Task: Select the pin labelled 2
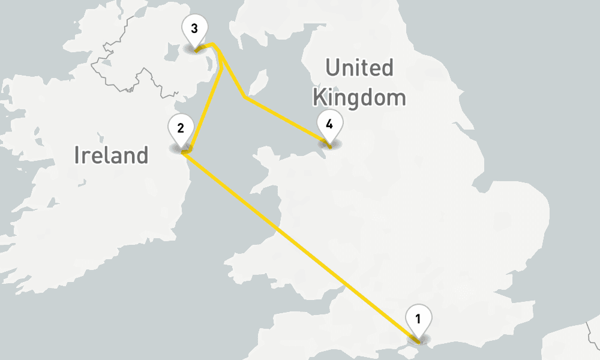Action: [x=181, y=127]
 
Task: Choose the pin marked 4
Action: [x=329, y=124]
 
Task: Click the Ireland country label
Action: [x=111, y=155]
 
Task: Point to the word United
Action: [x=359, y=68]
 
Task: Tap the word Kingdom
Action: [x=359, y=97]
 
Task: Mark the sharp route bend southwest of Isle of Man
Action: [x=243, y=97]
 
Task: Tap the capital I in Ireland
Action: [x=77, y=155]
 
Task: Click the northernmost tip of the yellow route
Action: [x=214, y=44]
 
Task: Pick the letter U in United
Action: [x=332, y=68]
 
